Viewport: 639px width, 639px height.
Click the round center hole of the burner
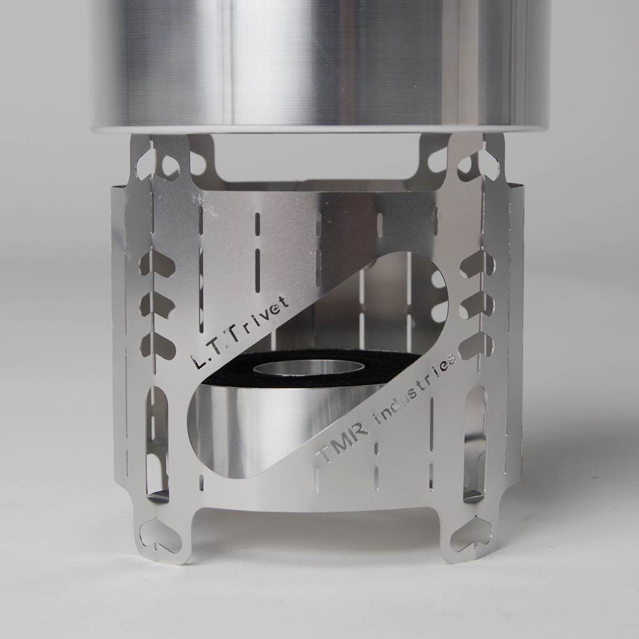tap(308, 368)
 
